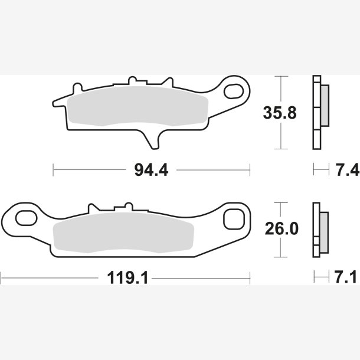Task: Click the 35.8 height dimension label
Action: pyautogui.click(x=280, y=113)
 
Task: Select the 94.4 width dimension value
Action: pyautogui.click(x=151, y=170)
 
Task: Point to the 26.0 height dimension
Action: pyautogui.click(x=282, y=228)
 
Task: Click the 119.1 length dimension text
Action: pyautogui.click(x=127, y=278)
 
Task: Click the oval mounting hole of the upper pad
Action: pyautogui.click(x=234, y=91)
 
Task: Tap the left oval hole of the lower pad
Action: pyautogui.click(x=26, y=218)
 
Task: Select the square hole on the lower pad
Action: pyautogui.click(x=234, y=219)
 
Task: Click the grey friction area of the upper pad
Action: pyautogui.click(x=138, y=106)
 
